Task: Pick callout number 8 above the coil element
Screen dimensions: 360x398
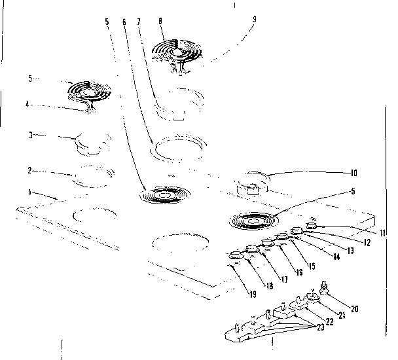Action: coord(160,22)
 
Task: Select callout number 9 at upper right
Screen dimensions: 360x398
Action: coord(255,19)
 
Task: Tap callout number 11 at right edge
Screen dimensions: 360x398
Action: coord(382,234)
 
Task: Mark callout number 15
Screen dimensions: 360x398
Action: coord(312,266)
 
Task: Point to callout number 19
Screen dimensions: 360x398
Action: coord(251,295)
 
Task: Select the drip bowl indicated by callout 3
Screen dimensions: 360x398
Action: coord(89,143)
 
